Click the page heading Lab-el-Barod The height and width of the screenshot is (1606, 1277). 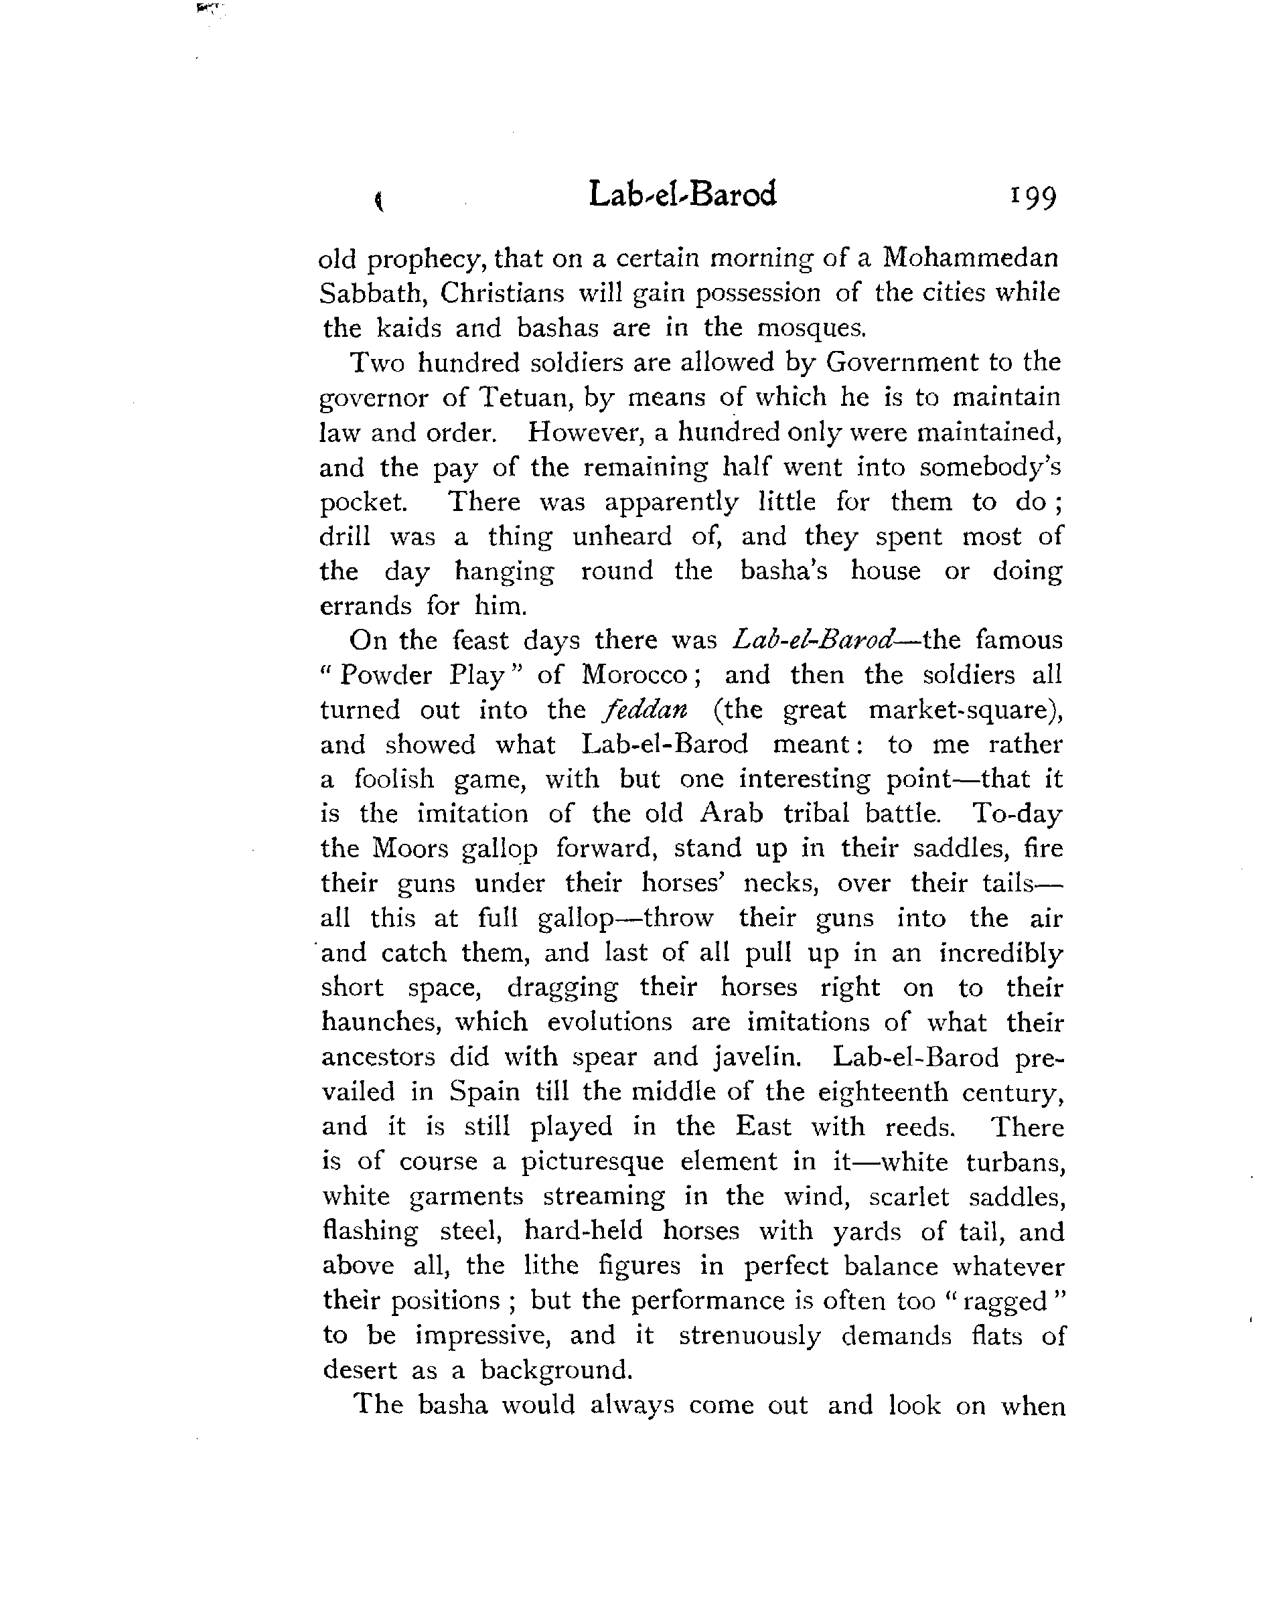[x=682, y=194]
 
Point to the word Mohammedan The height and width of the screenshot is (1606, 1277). [x=970, y=258]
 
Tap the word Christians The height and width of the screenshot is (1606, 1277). [x=502, y=293]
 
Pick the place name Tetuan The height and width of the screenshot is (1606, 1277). [x=524, y=397]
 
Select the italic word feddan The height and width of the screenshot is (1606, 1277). [x=645, y=710]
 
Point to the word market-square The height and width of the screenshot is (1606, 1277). [x=964, y=710]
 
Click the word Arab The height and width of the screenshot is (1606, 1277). [x=733, y=814]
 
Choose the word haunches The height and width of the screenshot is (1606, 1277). [x=380, y=1022]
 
